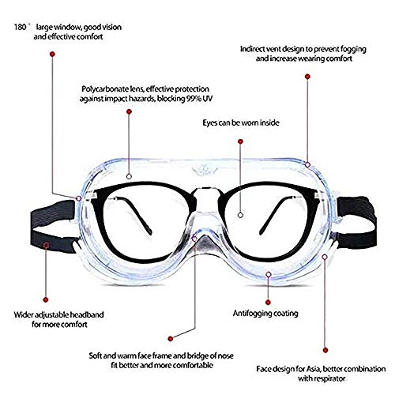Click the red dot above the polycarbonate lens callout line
click(x=129, y=111)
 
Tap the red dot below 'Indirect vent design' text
click(x=307, y=77)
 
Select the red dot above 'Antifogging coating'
click(x=268, y=303)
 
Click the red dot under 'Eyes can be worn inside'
click(x=240, y=141)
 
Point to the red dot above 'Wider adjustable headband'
click(x=46, y=299)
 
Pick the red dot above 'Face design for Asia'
click(x=325, y=350)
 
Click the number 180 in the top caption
click(x=20, y=27)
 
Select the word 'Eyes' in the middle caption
click(x=209, y=123)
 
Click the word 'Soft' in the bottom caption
click(x=95, y=356)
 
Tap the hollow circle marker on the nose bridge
click(x=194, y=239)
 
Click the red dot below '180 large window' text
click(x=52, y=55)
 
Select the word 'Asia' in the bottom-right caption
click(x=314, y=369)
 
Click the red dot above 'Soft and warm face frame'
click(x=171, y=339)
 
